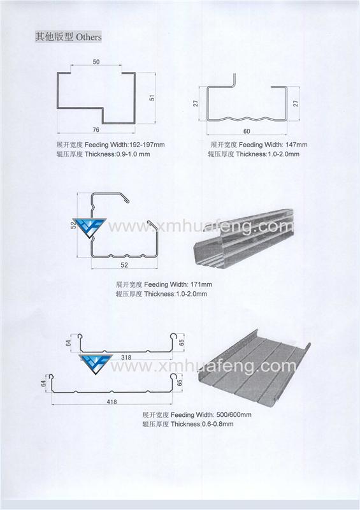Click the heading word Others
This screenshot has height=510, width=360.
(89, 37)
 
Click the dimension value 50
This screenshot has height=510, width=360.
(96, 62)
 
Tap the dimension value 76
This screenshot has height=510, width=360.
(96, 130)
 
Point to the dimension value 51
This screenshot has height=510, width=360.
(152, 98)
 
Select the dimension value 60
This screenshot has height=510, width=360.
(247, 131)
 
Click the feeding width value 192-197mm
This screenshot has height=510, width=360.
(147, 145)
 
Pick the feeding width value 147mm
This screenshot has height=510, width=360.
(296, 145)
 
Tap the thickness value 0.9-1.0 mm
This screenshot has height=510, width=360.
(133, 154)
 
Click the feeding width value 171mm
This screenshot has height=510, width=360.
(201, 284)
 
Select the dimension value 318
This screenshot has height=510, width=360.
(126, 357)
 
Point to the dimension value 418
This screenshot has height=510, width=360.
(112, 402)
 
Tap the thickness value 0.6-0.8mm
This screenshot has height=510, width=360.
(217, 424)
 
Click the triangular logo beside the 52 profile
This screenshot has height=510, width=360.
(90, 228)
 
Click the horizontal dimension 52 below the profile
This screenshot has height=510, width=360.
(124, 265)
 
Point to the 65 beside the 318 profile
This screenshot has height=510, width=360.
(182, 342)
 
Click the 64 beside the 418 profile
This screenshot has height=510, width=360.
(43, 383)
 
